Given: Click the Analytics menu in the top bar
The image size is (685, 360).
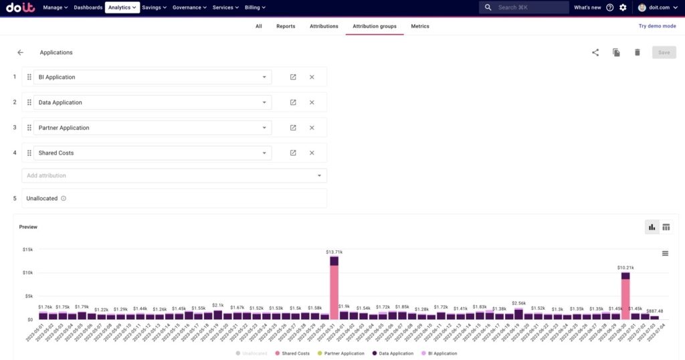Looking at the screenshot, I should click(122, 7).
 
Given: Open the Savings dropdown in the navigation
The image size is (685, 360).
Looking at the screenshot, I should click(155, 7).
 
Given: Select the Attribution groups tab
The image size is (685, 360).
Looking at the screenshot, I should click(374, 27).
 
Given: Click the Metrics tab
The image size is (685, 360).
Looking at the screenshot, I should click(420, 27).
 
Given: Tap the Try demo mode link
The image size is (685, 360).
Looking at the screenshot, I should click(657, 26).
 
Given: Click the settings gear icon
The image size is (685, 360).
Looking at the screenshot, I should click(623, 7).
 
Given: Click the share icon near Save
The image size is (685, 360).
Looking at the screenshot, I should click(595, 52).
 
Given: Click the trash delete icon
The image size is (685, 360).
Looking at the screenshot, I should click(637, 52).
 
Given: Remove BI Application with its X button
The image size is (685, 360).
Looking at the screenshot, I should click(312, 77).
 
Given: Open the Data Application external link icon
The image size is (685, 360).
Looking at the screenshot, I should click(293, 102).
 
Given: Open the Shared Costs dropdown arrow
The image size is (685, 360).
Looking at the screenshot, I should click(265, 153).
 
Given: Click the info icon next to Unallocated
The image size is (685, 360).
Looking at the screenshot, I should click(64, 199).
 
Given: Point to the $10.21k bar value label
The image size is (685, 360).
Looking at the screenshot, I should click(625, 266).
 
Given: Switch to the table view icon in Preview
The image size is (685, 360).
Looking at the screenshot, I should click(666, 228).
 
